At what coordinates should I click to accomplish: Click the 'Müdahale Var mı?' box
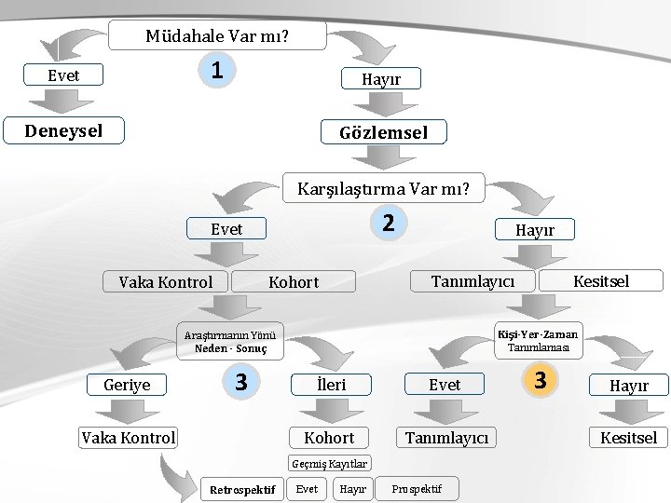[x=217, y=36]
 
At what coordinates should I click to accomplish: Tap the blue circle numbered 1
[x=215, y=70]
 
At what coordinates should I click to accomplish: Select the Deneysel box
[x=63, y=130]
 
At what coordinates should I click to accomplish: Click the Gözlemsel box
[x=383, y=132]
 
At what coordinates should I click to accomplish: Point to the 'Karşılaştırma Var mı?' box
[x=384, y=190]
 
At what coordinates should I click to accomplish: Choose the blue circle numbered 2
[x=390, y=222]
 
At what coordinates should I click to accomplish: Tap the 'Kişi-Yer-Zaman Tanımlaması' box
[x=538, y=341]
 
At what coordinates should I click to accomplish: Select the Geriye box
[x=127, y=384]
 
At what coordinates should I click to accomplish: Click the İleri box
[x=331, y=384]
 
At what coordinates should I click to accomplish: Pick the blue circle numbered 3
[x=240, y=381]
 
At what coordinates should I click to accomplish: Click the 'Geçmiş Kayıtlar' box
[x=330, y=463]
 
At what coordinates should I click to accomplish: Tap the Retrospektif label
[x=242, y=489]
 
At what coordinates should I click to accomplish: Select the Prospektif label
[x=417, y=488]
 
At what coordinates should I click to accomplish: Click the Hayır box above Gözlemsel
[x=381, y=79]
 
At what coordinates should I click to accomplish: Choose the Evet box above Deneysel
[x=63, y=75]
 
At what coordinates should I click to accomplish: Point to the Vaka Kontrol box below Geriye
[x=128, y=438]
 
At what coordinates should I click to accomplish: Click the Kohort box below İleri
[x=330, y=438]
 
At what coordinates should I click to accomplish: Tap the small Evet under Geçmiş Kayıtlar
[x=307, y=488]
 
